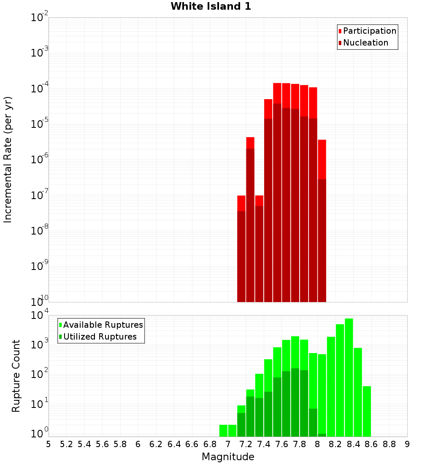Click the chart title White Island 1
click(x=211, y=7)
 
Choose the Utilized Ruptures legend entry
click(x=100, y=337)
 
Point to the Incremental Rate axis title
click(x=8, y=159)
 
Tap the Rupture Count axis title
click(x=16, y=376)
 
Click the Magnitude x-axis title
click(x=228, y=457)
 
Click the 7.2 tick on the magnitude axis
click(x=246, y=444)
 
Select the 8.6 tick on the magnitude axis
click(x=371, y=444)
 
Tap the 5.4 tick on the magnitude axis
click(x=84, y=444)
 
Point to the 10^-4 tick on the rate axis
click(x=40, y=89)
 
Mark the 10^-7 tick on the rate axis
click(x=40, y=195)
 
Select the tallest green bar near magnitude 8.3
click(x=349, y=378)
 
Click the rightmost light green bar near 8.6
click(x=367, y=411)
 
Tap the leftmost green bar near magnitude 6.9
click(x=223, y=431)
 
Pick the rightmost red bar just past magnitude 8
click(x=322, y=219)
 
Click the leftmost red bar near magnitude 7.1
click(x=241, y=249)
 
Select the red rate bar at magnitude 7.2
click(x=250, y=219)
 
